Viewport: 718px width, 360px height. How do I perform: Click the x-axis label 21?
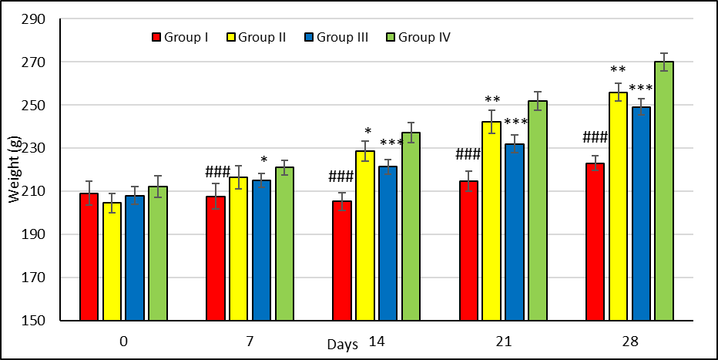point(503,338)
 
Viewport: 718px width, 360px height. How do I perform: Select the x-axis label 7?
point(250,338)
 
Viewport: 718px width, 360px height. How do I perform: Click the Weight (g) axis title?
point(14,170)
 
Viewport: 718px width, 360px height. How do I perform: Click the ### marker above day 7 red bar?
point(218,171)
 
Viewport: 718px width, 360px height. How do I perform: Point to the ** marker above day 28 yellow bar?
point(618,69)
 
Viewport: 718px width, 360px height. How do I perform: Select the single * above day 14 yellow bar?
point(367,131)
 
